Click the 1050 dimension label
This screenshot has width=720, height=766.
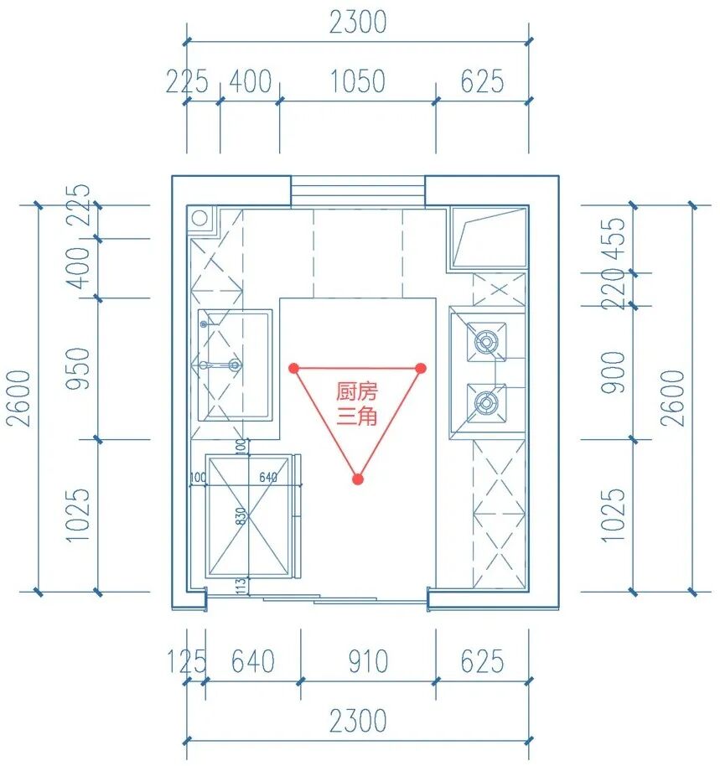point(357,82)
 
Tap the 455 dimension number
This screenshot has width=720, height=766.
point(617,238)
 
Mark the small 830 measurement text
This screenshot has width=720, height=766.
point(241,518)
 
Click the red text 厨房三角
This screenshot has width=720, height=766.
point(357,403)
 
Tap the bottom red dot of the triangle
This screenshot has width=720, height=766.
point(358,479)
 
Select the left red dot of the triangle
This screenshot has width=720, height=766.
point(293,368)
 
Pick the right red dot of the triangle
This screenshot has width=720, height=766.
point(421,368)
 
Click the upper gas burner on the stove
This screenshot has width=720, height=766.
point(485,341)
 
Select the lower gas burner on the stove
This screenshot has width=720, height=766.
point(485,404)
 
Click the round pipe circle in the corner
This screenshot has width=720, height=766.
point(199,218)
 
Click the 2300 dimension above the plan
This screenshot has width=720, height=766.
point(358,23)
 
